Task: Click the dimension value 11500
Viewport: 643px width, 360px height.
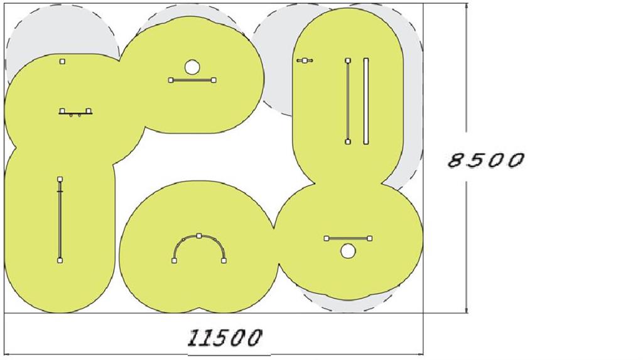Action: (x=225, y=338)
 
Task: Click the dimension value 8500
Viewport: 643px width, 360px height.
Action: (x=485, y=160)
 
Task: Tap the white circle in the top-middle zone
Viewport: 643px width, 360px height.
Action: (x=192, y=67)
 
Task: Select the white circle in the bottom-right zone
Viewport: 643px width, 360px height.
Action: (x=348, y=251)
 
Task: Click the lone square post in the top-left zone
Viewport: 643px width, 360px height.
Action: (x=62, y=62)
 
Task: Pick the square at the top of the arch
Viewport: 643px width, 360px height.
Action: (x=199, y=236)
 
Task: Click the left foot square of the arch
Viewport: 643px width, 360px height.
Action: (x=175, y=260)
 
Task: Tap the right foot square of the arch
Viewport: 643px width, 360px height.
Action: (x=224, y=260)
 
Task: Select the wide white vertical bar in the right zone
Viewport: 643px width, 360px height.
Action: (x=366, y=101)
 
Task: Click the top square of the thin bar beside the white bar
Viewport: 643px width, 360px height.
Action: (x=348, y=61)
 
